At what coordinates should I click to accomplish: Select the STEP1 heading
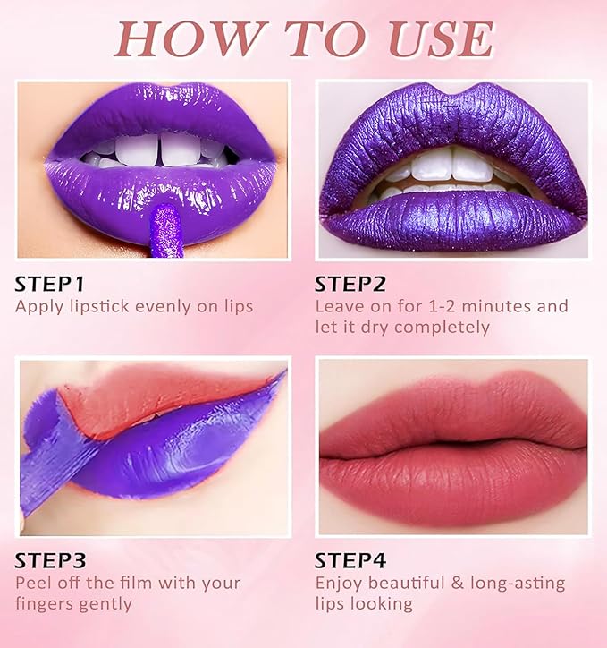coord(49,284)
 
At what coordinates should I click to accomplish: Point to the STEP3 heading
coord(50,561)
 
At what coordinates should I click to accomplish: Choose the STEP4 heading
coord(350,561)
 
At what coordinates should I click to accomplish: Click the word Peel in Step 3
coord(33,583)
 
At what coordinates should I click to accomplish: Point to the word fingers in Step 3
coord(44,603)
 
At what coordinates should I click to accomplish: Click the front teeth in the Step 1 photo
coord(161,149)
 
